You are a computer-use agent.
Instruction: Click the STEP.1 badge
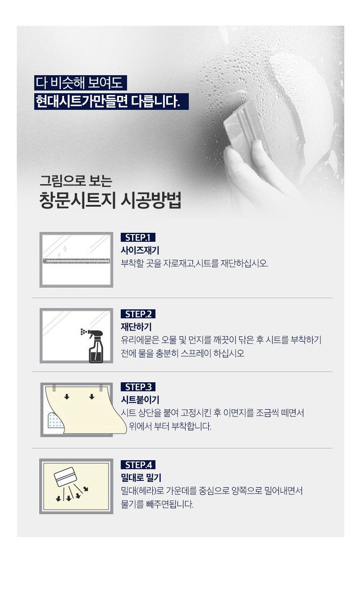[x=138, y=237]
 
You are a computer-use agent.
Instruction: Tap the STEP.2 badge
[x=138, y=314]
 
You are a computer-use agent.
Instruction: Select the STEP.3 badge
[x=138, y=387]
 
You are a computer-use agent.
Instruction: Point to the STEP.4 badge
[x=138, y=465]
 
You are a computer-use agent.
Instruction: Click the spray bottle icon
[x=94, y=346]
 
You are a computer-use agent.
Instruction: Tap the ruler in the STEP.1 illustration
[x=76, y=261]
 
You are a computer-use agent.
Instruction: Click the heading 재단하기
[x=136, y=327]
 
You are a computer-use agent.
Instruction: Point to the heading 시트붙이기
[x=140, y=400]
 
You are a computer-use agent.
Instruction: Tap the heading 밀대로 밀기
[x=141, y=478]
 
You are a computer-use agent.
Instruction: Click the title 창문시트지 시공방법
[x=110, y=201]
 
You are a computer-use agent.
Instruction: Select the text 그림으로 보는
[x=76, y=181]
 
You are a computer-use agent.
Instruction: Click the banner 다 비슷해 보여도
[x=80, y=83]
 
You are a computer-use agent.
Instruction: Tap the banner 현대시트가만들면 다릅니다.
[x=111, y=101]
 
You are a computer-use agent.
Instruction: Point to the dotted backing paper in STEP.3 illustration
[x=55, y=420]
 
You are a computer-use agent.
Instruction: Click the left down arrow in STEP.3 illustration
[x=67, y=397]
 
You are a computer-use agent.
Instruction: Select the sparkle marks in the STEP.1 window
[x=63, y=251]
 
